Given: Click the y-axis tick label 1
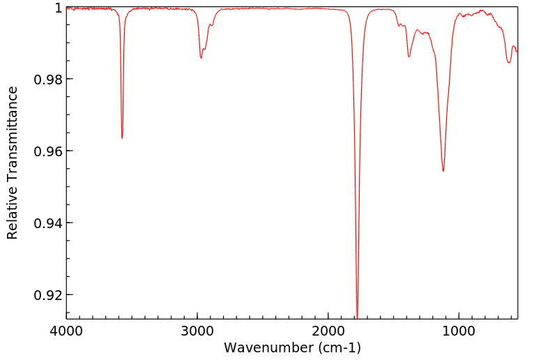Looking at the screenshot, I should [58, 8].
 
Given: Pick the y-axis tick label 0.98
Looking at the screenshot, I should [48, 80].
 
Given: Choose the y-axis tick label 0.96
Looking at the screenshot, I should [48, 151].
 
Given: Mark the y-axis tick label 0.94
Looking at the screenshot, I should [48, 223].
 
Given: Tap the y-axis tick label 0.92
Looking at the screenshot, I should [48, 295].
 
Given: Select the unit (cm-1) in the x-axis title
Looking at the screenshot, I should [338, 347].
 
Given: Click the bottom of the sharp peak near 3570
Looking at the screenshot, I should [122, 138].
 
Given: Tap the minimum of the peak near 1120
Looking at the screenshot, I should [443, 171].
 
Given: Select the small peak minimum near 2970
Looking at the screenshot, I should [201, 58].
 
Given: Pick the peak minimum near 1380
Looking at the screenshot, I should [409, 57].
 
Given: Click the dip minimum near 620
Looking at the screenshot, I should [509, 63].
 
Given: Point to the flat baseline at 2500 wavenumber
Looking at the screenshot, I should [263, 8].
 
